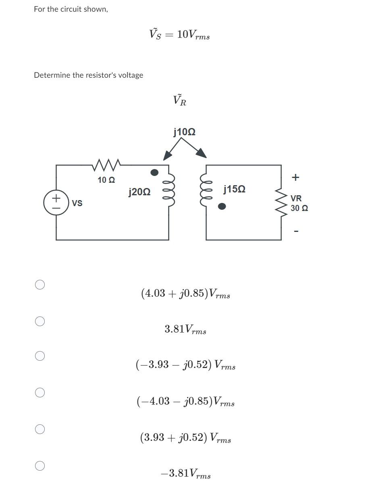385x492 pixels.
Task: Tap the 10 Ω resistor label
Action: (106, 180)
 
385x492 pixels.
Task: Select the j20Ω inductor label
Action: (139, 192)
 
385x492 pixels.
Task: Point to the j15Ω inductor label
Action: (234, 189)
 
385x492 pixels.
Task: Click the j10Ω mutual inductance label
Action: (184, 132)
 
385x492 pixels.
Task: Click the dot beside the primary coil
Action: (154, 172)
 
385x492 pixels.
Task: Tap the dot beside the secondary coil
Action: (222, 207)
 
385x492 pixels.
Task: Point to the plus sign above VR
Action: (296, 177)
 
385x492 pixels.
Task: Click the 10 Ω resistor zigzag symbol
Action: (106, 164)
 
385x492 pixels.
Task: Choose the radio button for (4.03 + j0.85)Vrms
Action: (40, 285)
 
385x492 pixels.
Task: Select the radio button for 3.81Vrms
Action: (40, 321)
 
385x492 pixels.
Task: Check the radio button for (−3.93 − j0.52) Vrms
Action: (40, 356)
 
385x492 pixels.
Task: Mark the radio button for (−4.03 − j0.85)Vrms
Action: (40, 392)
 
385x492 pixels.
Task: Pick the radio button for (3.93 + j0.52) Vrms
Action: (40, 429)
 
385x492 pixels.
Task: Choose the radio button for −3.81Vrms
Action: (40, 465)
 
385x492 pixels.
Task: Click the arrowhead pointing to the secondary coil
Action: (201, 153)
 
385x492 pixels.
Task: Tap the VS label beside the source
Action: (77, 203)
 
